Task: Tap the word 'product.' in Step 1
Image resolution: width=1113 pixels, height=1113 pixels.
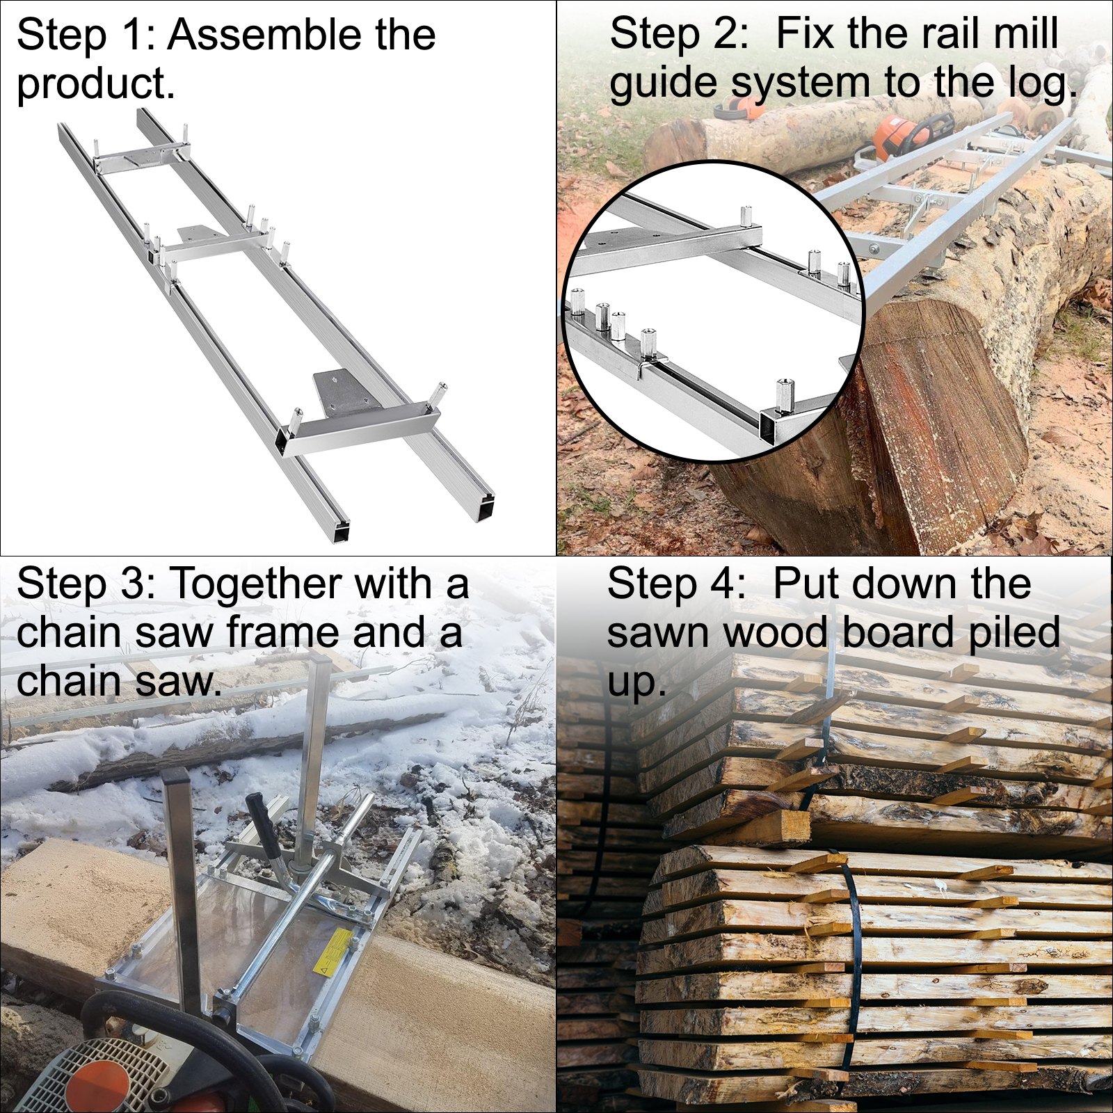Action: (95, 84)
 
